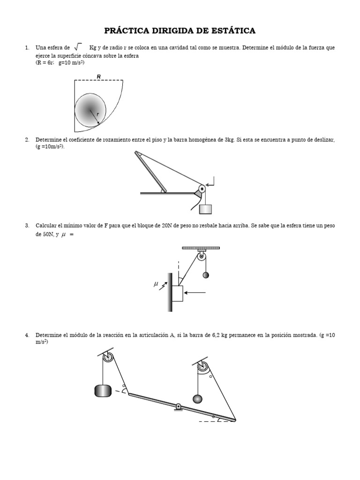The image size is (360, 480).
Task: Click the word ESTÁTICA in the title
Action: (232, 31)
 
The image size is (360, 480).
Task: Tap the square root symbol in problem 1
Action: (78, 47)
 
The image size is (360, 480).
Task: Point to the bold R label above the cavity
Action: (98, 76)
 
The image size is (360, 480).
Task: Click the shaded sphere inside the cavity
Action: (90, 110)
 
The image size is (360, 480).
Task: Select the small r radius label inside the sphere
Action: (97, 114)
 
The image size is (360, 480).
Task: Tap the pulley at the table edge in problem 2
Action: (202, 189)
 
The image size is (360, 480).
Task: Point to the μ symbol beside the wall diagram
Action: (156, 284)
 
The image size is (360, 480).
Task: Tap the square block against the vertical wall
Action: (177, 293)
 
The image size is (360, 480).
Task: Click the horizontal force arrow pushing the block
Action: (195, 293)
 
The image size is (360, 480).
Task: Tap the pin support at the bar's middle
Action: (178, 407)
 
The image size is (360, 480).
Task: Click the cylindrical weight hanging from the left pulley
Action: (103, 390)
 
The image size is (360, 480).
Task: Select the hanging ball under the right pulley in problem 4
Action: (198, 398)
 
